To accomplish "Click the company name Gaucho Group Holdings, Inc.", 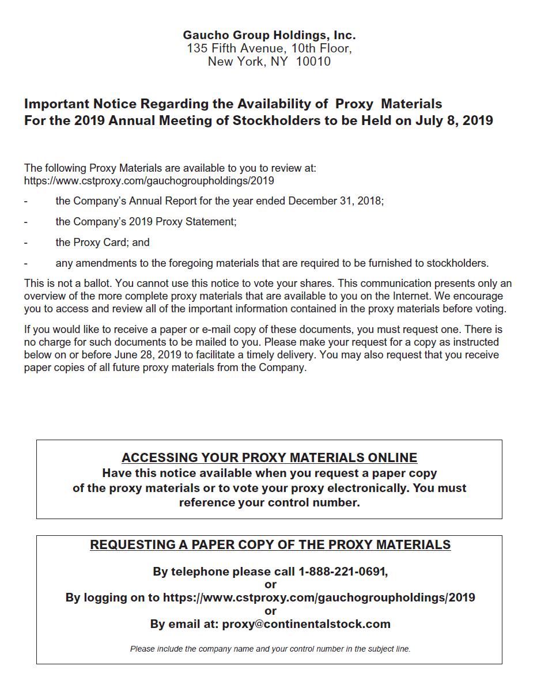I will click(x=269, y=35).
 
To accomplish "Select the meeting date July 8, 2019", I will click(x=453, y=120).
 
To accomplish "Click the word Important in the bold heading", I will click(x=56, y=104).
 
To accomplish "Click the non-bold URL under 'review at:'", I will click(x=149, y=181).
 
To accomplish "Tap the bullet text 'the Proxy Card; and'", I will click(x=103, y=243).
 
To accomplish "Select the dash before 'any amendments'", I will click(x=26, y=263).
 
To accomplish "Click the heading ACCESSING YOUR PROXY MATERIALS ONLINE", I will click(x=269, y=457).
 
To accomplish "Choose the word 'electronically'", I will click(x=368, y=488).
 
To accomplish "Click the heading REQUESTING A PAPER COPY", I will click(x=270, y=544).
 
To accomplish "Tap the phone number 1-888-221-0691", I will click(x=342, y=572).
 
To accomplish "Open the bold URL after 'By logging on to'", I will click(x=319, y=597).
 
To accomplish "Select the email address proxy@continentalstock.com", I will click(x=306, y=624).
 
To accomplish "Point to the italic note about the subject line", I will click(x=270, y=649).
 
